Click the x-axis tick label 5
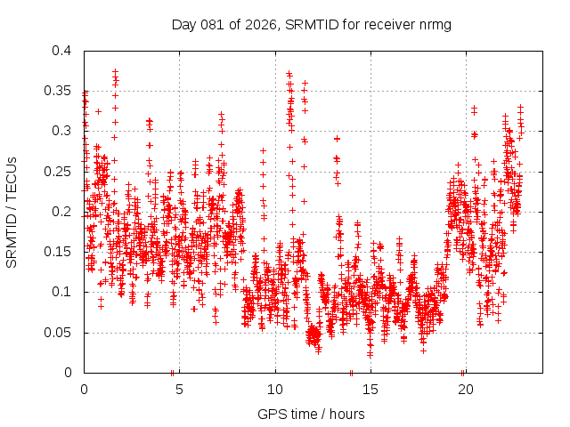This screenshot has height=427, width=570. [179, 389]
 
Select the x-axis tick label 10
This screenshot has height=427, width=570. [274, 389]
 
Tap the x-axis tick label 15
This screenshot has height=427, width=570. [370, 389]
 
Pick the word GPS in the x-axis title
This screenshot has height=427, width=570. [270, 414]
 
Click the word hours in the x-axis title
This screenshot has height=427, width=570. [347, 414]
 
